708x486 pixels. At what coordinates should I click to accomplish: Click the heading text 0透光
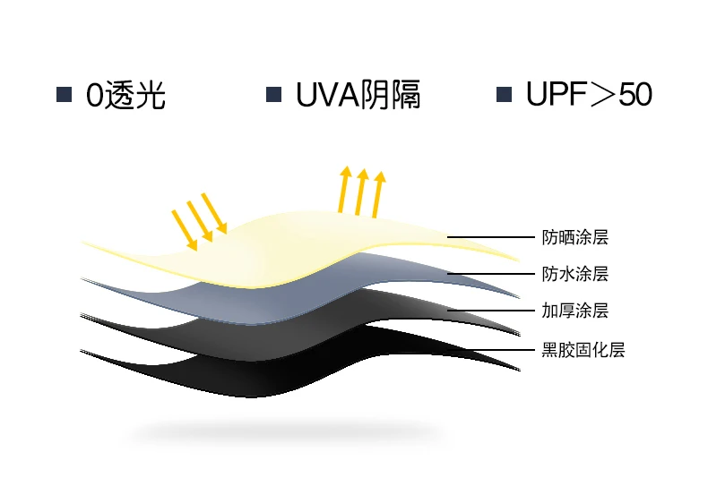coord(125,95)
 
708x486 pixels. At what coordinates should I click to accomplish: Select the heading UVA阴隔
coord(358,95)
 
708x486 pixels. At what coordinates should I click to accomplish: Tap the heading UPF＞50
coord(589,94)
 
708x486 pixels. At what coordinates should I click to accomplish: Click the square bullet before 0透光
coord(65,95)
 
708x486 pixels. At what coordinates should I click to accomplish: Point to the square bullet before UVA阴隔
coord(273,95)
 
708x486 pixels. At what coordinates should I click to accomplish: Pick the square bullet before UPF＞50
coord(504,95)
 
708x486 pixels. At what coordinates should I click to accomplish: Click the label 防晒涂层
coord(574,237)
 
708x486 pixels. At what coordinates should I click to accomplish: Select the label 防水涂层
coord(574,274)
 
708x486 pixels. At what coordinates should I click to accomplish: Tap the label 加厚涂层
coord(574,311)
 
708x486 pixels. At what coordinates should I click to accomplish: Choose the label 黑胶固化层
coord(583,350)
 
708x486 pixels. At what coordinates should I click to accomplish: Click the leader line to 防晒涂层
coord(491,236)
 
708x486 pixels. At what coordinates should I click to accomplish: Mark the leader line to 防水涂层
coord(491,274)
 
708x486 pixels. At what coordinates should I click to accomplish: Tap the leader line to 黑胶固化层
coord(491,349)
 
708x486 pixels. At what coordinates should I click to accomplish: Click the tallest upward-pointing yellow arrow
coord(343,189)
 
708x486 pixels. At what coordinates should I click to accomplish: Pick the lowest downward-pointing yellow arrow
coord(185,230)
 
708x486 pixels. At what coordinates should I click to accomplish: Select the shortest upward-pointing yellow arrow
coord(378,194)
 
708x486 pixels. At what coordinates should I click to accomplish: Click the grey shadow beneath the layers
coord(284,432)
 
